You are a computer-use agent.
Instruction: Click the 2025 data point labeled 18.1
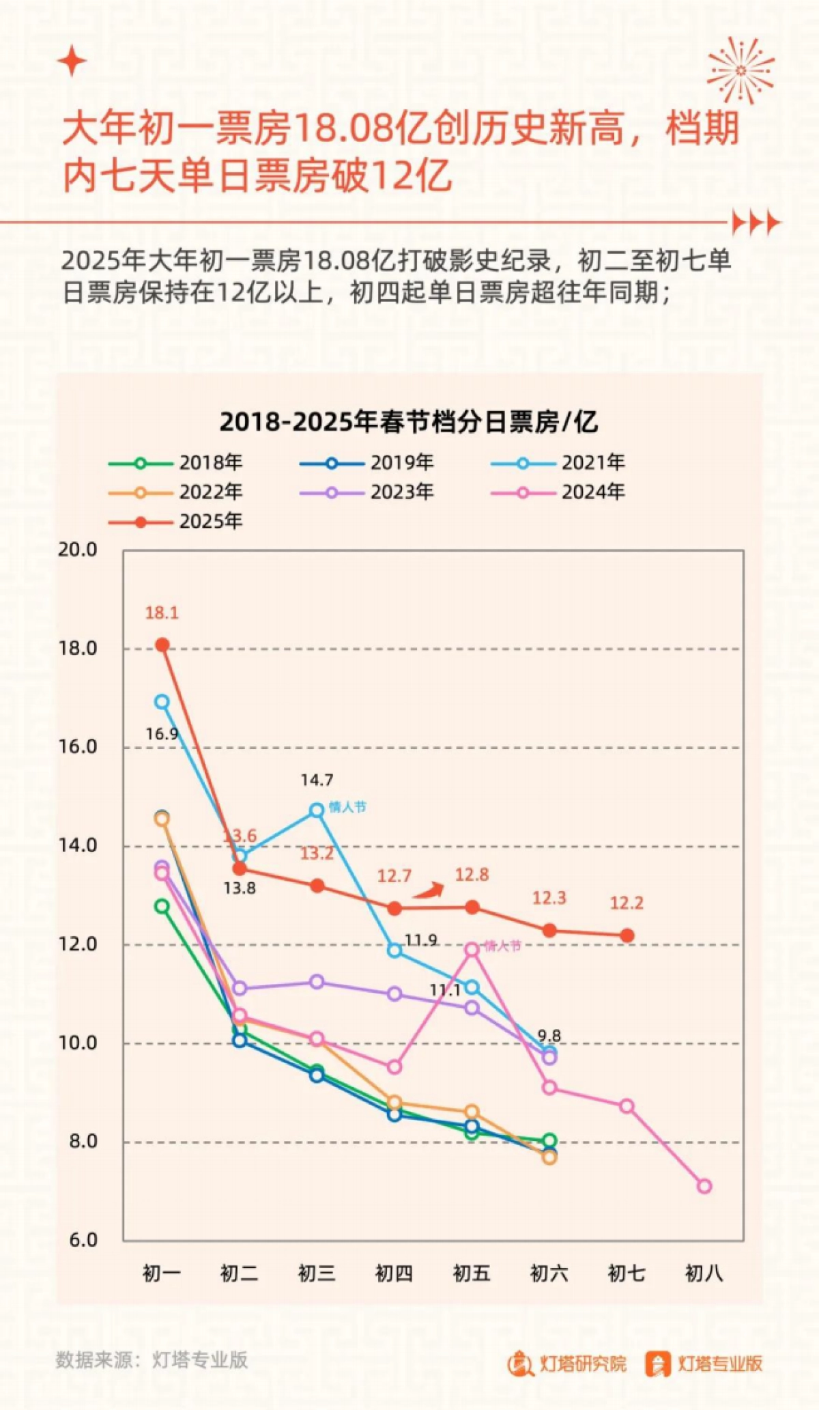(162, 645)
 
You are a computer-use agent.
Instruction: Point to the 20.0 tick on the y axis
(77, 550)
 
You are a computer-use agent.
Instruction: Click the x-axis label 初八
(704, 1273)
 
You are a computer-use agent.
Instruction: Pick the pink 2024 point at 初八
(704, 1187)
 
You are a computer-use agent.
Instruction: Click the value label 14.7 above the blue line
(317, 780)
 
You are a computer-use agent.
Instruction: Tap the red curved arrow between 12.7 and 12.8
(429, 890)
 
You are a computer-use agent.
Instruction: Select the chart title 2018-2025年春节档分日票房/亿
(408, 422)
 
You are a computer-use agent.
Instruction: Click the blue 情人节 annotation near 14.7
(347, 807)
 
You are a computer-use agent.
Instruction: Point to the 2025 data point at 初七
(627, 935)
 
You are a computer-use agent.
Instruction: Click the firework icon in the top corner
(741, 70)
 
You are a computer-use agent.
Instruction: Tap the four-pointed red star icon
(72, 62)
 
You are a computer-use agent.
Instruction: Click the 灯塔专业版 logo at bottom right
(704, 1364)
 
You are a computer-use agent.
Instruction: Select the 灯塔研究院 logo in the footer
(566, 1364)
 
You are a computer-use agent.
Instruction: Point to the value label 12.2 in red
(626, 903)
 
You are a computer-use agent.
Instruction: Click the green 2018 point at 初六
(549, 1140)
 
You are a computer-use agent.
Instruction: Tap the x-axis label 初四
(394, 1273)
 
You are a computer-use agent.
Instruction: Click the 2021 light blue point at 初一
(162, 702)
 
